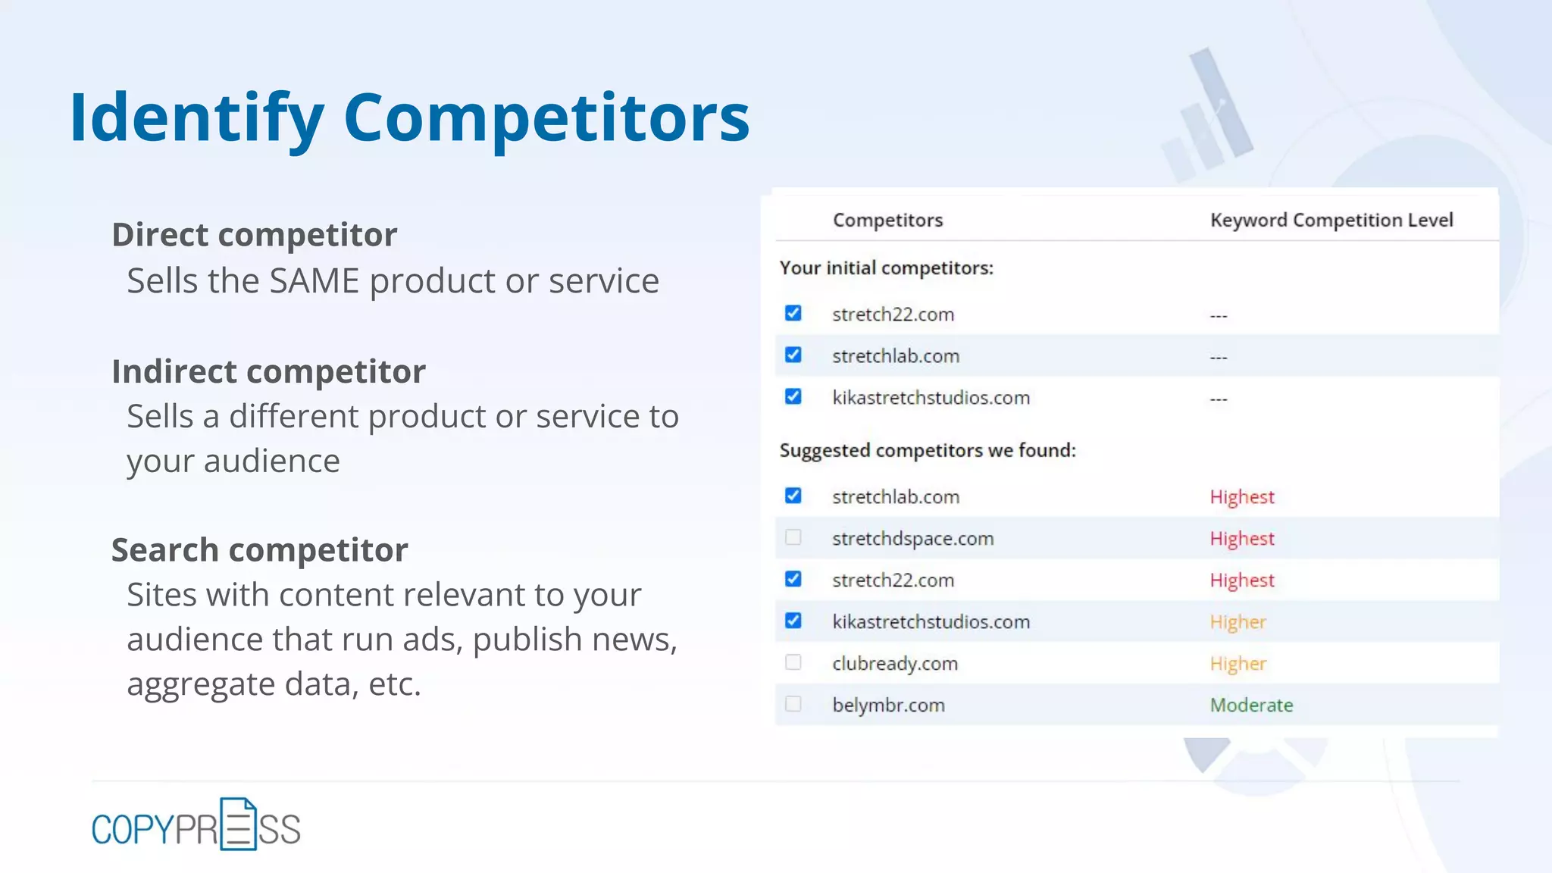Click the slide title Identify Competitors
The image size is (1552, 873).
[x=409, y=117]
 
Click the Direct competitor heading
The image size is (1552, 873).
[x=254, y=235]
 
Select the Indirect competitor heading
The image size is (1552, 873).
[x=268, y=371]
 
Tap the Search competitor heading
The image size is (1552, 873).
[x=259, y=550]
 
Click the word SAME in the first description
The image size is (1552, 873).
[x=314, y=281]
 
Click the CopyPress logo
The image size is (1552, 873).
[x=196, y=826]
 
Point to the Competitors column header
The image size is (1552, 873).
[x=887, y=221]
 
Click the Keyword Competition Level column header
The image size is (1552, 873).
[x=1331, y=221]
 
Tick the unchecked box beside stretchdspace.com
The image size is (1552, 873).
[x=793, y=537]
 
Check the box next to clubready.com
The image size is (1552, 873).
[x=793, y=662]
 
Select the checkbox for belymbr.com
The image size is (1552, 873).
[x=793, y=704]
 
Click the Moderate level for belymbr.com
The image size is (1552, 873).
[x=1251, y=706]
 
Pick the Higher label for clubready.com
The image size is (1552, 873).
[x=1238, y=664]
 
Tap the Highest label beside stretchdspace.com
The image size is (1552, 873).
[x=1242, y=539]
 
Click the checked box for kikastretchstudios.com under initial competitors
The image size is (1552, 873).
[x=793, y=396]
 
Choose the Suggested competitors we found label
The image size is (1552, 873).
[x=928, y=451]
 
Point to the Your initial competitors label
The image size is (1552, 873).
[x=886, y=268]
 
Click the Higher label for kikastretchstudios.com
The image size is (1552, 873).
[x=1238, y=622]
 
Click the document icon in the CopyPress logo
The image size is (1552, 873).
[x=238, y=824]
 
